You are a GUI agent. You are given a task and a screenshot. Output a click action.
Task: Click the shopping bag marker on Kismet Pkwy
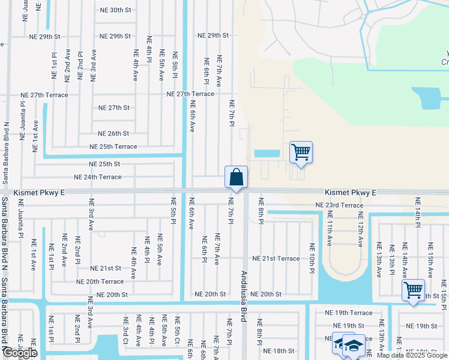[x=237, y=177]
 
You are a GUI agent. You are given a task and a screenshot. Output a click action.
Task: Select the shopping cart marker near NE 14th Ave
[x=414, y=290]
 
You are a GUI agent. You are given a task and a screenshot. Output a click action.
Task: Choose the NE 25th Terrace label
[x=113, y=146]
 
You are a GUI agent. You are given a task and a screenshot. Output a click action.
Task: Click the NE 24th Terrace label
[x=97, y=177]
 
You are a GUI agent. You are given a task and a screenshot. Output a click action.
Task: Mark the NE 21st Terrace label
[x=276, y=258]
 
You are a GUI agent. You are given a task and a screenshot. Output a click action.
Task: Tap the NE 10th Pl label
[x=312, y=258]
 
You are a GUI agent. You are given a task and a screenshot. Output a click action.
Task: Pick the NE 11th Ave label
[x=330, y=233]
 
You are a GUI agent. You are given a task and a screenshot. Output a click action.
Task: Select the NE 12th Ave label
[x=361, y=233]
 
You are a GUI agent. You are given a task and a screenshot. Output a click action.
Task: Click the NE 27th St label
[x=114, y=108]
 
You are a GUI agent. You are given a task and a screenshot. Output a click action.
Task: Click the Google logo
[x=20, y=353]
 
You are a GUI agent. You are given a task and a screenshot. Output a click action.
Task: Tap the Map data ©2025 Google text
[x=412, y=355]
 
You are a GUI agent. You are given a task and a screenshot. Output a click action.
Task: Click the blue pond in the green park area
[x=430, y=98]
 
